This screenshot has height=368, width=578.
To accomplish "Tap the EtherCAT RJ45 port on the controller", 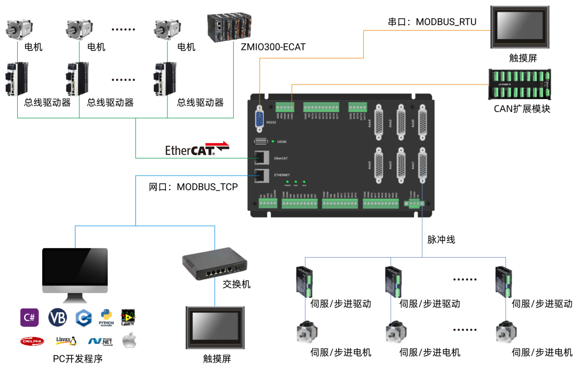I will coord(261,157).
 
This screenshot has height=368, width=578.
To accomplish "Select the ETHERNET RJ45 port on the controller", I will coord(261,175).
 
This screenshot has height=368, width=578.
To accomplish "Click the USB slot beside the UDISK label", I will coord(261,141).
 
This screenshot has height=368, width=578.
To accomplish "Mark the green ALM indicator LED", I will coord(304,182).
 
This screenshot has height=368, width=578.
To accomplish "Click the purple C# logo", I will coord(29,318).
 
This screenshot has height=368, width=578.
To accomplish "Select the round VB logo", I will coord(57,318).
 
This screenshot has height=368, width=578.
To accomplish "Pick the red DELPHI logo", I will coord(32,341).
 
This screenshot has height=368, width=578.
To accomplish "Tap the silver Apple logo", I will coord(128,341).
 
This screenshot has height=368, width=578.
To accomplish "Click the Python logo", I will coord(106,318).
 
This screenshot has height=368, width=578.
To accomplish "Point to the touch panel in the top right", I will coord(520,27).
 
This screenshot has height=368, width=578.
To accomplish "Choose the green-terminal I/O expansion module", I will coord(520,84).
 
